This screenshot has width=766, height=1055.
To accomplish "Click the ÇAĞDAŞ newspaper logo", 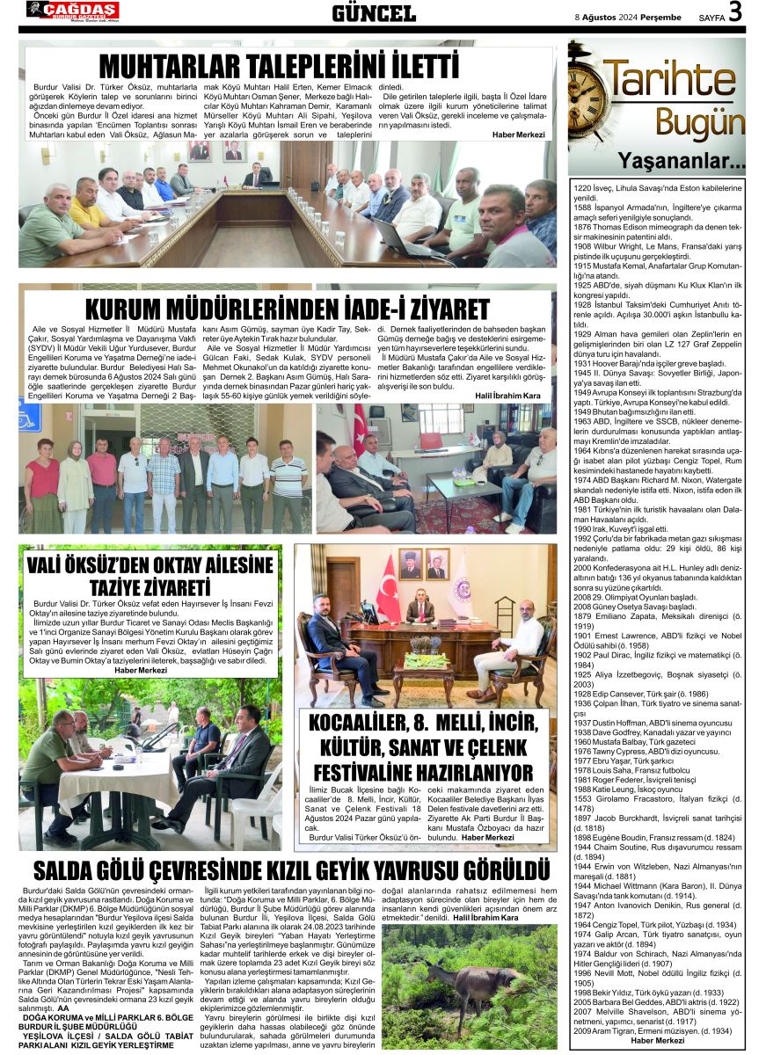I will pyautogui.click(x=72, y=11).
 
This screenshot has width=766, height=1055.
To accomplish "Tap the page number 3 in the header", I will pyautogui.click(x=735, y=12).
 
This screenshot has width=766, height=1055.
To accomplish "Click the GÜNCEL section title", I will pyautogui.click(x=374, y=13).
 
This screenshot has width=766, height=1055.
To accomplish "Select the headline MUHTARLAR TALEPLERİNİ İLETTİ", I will pyautogui.click(x=279, y=67).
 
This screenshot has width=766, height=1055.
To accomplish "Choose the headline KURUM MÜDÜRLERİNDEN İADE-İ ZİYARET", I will pyautogui.click(x=287, y=309).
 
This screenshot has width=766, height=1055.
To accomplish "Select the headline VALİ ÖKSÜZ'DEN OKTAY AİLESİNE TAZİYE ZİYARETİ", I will pyautogui.click(x=150, y=576).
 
